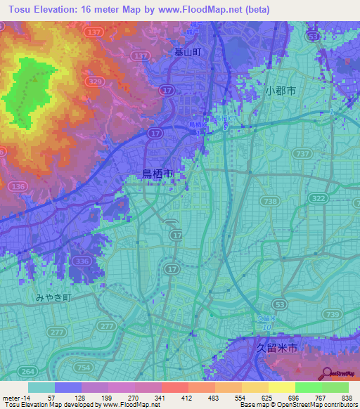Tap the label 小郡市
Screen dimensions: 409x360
tap(280, 91)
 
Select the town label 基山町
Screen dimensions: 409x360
tap(188, 52)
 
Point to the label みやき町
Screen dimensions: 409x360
tap(53, 297)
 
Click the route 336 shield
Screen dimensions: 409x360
tap(82, 261)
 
